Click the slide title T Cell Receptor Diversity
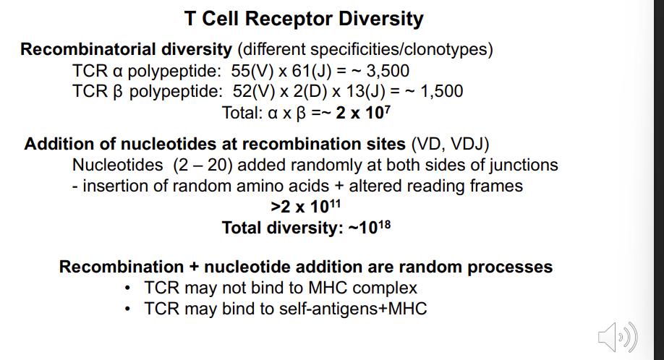click(304, 19)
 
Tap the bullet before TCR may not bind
click(127, 288)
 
